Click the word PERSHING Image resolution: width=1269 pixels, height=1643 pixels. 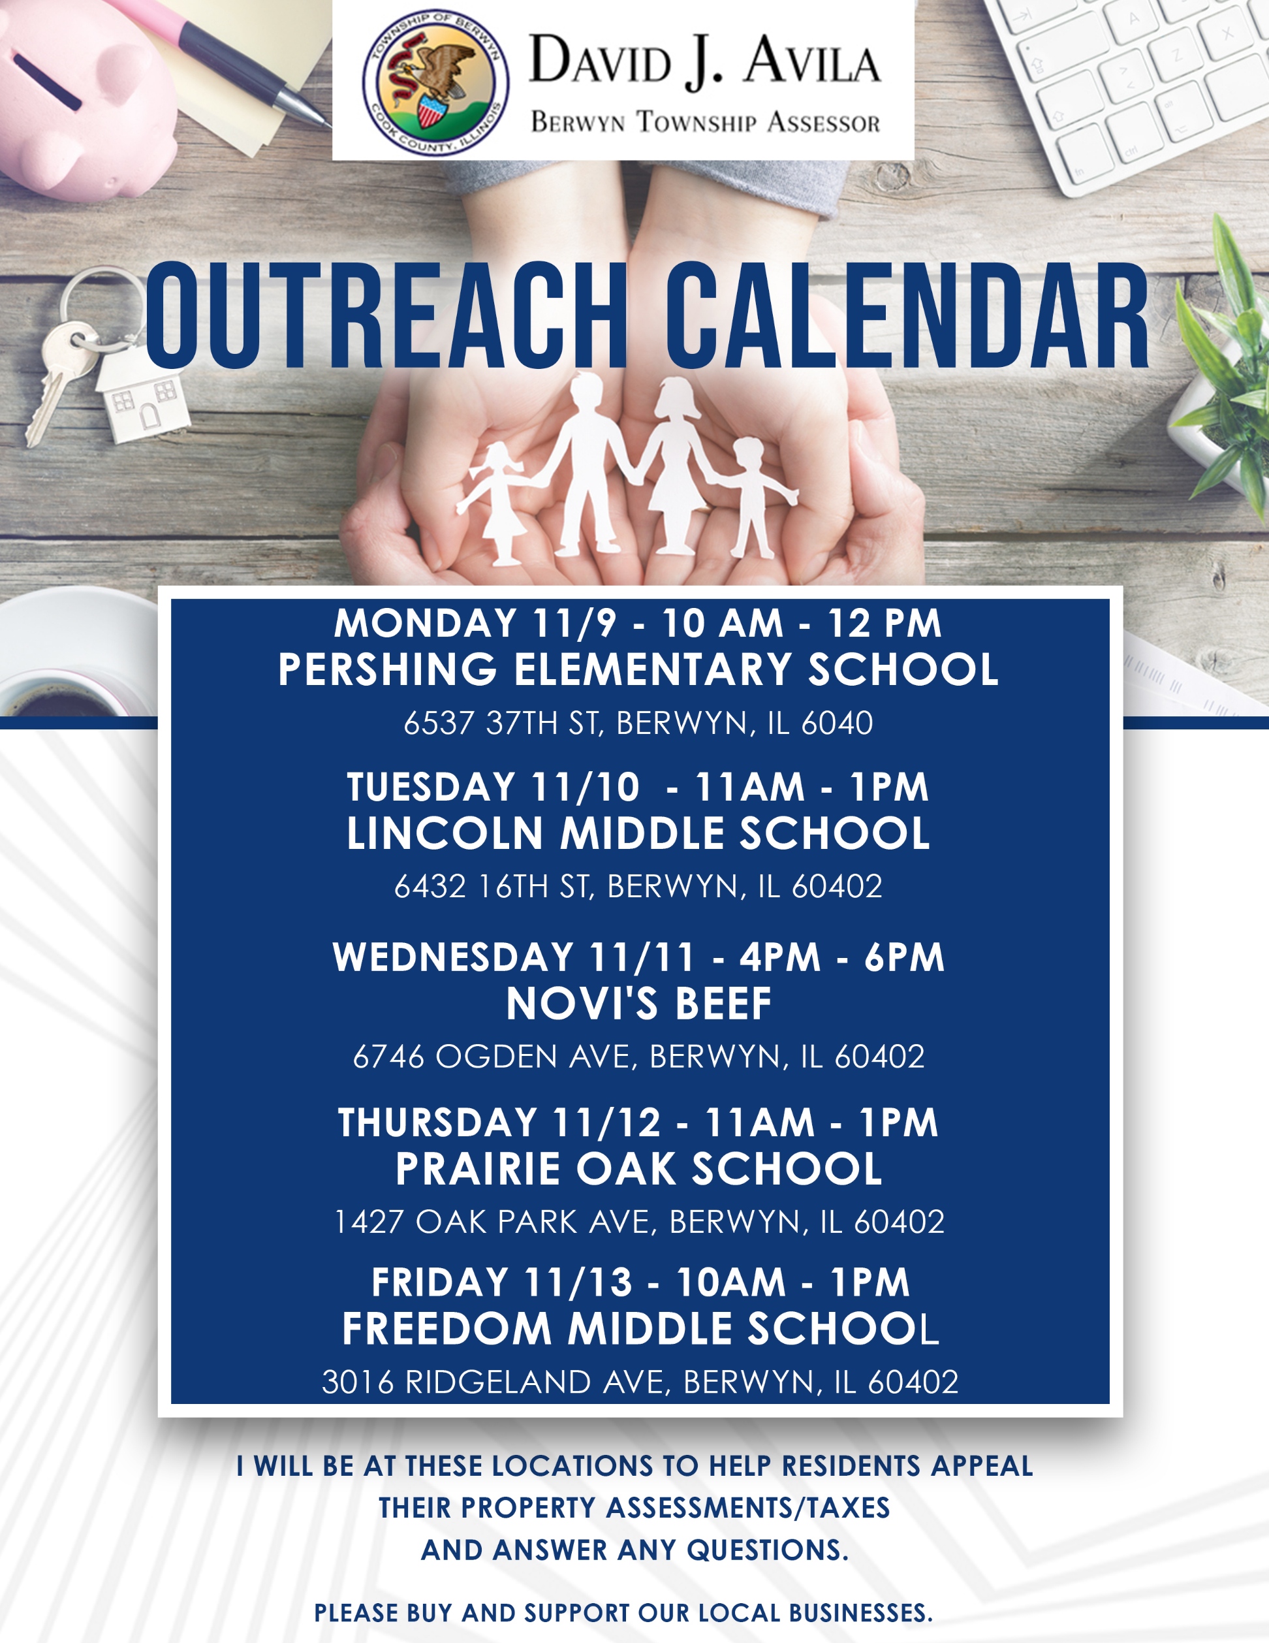tap(387, 669)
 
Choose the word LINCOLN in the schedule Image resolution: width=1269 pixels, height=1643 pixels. tap(445, 833)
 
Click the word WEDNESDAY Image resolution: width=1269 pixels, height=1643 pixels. tap(454, 957)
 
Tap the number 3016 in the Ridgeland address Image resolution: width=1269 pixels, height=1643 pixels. tap(358, 1381)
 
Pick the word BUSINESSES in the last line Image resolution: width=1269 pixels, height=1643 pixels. tap(860, 1613)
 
